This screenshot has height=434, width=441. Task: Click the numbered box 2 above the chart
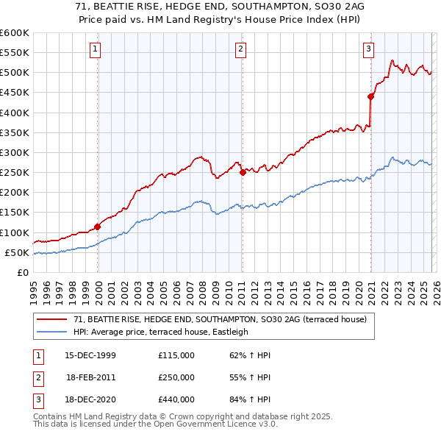pos(241,49)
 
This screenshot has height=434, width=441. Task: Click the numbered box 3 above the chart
pos(368,49)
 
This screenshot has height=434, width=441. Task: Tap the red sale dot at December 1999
pos(98,227)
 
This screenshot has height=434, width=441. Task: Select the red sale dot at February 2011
pos(243,173)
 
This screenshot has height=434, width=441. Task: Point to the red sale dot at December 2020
pos(370,96)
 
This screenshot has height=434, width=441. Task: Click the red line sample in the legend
pos(52,319)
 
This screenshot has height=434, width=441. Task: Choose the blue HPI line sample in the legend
pos(52,332)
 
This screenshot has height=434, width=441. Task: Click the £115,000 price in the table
pos(176,355)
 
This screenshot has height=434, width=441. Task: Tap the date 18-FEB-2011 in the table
pos(90,377)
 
